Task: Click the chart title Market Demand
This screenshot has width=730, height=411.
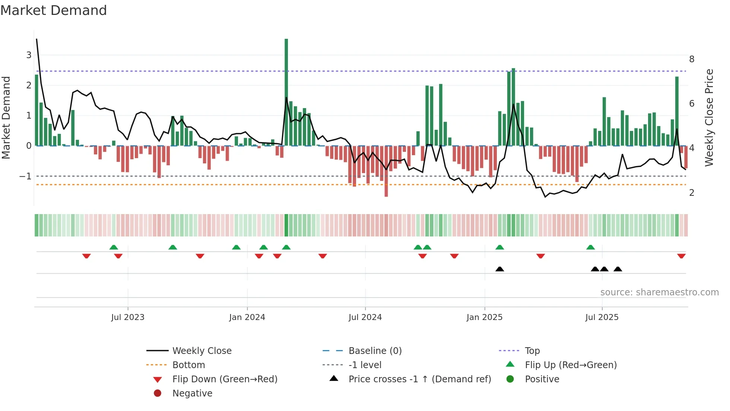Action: click(x=54, y=10)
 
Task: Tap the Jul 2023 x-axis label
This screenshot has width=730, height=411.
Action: click(x=128, y=317)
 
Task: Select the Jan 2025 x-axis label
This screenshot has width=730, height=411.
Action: click(x=484, y=317)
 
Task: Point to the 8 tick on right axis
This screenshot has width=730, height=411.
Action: click(x=692, y=59)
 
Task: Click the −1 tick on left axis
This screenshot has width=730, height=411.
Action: click(x=25, y=176)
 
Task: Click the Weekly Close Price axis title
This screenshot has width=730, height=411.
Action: click(x=709, y=117)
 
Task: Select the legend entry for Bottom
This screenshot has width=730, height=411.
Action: click(x=188, y=365)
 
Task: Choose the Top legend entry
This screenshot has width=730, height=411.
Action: click(x=532, y=351)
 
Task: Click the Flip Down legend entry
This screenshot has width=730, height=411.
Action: click(x=225, y=379)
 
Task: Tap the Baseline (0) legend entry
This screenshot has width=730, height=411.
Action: click(x=375, y=351)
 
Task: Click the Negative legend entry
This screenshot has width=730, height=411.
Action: click(x=192, y=393)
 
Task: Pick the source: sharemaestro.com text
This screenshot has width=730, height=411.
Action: click(x=659, y=292)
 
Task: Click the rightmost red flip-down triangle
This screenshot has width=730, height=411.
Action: click(x=681, y=256)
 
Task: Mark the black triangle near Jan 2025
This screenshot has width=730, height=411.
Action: click(x=500, y=269)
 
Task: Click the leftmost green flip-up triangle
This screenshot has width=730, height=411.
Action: click(x=114, y=247)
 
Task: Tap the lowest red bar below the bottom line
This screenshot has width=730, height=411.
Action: click(x=386, y=172)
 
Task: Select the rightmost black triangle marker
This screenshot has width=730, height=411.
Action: click(x=618, y=269)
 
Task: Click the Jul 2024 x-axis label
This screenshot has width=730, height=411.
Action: click(x=365, y=317)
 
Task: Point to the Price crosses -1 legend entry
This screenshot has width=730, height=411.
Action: click(x=419, y=379)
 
